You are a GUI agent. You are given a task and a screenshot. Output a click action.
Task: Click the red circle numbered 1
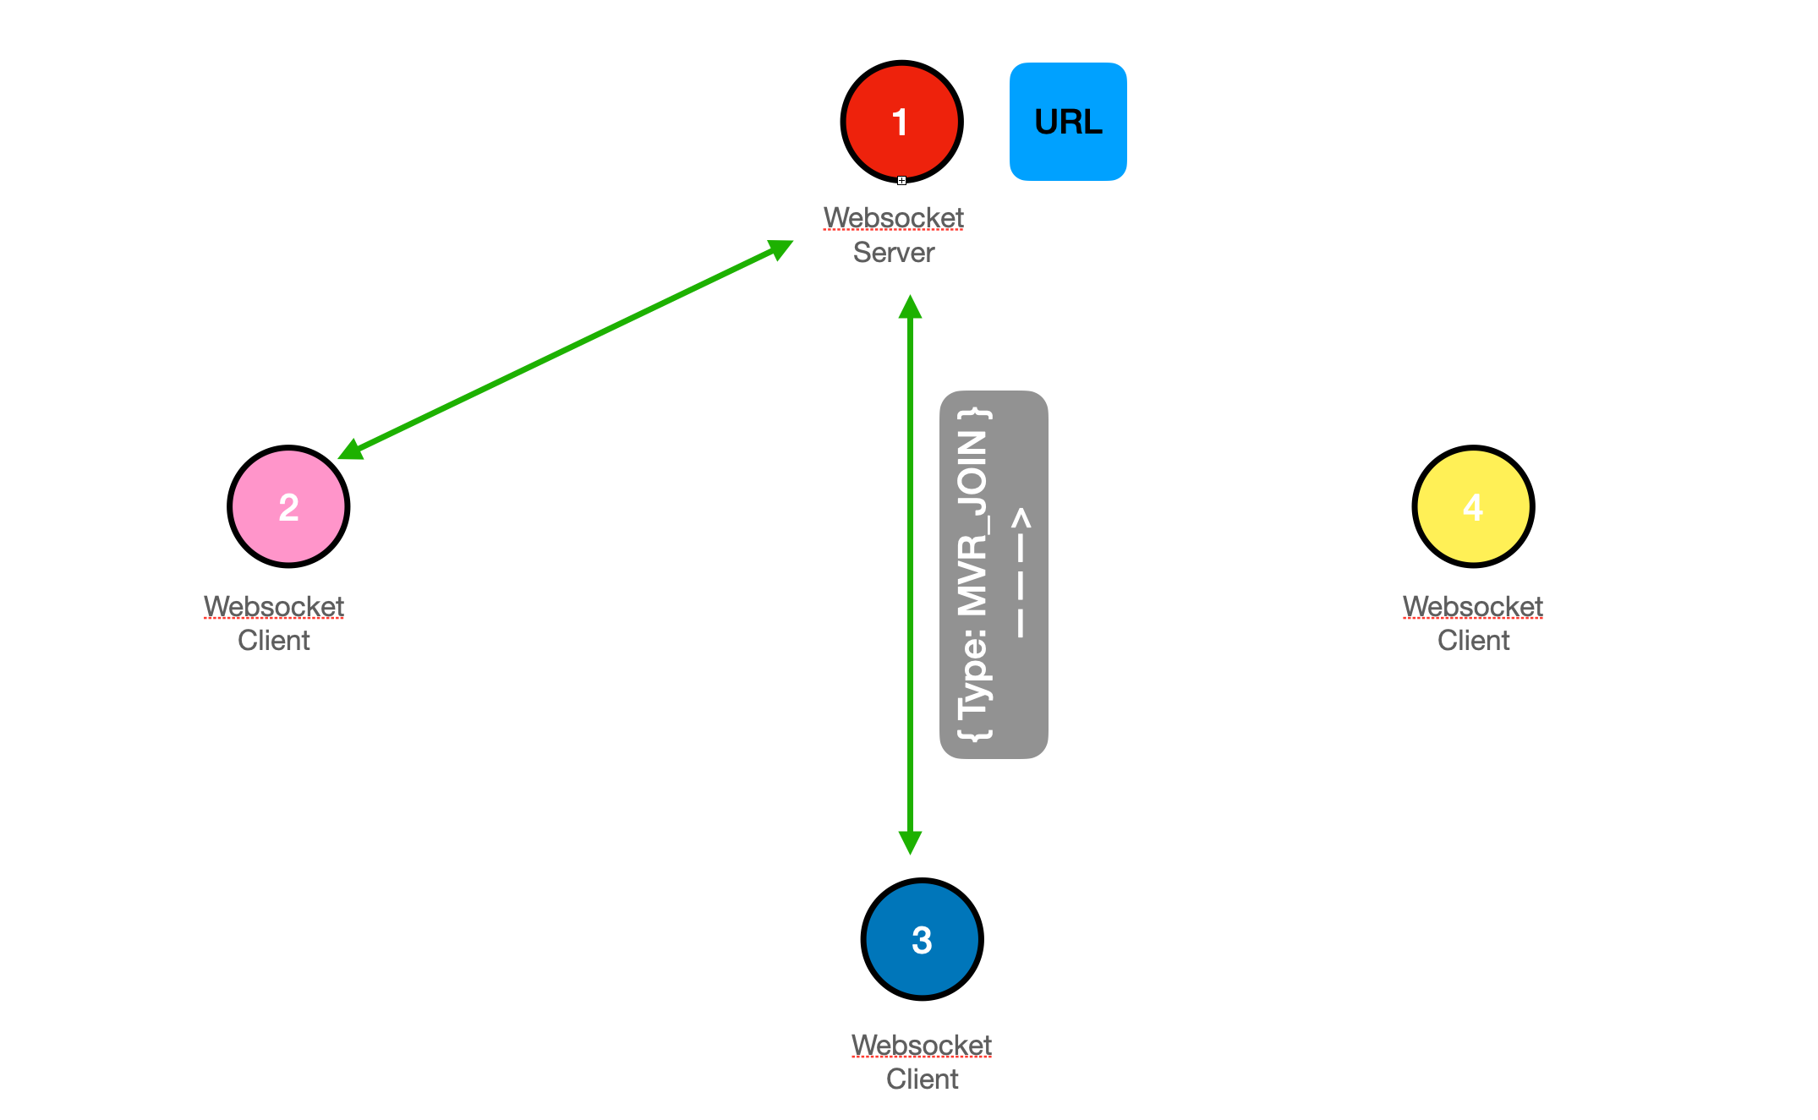pos(901,122)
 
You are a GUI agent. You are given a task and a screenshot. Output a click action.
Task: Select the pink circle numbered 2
pos(288,506)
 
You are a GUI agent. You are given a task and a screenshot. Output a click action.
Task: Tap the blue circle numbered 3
pos(922,939)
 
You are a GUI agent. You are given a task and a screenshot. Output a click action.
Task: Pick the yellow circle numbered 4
pos(1473,506)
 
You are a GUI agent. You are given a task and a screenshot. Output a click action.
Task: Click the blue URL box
pos(1068,122)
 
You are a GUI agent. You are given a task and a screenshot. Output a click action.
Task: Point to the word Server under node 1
pos(894,253)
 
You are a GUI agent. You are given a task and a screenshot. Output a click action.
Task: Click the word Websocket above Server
pos(894,218)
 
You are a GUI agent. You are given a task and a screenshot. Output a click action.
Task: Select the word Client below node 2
pos(274,641)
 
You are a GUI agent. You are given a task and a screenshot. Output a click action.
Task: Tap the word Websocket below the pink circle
pos(274,607)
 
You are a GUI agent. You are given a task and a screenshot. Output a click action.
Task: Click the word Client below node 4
pos(1473,641)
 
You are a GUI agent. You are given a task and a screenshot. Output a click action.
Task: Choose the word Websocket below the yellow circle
pos(1473,607)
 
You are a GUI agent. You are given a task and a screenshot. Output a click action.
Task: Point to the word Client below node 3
pos(922,1079)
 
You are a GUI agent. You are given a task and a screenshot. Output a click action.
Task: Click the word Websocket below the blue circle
pos(922,1046)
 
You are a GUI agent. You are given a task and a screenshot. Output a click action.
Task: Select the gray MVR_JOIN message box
pos(994,575)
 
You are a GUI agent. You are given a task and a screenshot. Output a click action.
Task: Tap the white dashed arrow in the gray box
pos(1021,573)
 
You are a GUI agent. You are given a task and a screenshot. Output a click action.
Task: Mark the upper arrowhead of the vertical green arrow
pos(910,307)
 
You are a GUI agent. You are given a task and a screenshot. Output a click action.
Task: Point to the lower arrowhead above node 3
pos(910,842)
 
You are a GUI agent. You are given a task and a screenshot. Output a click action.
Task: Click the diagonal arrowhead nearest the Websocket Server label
pos(779,249)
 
